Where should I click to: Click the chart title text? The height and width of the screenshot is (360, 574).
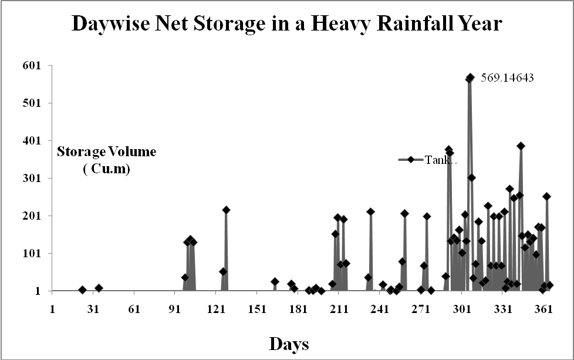[286, 23]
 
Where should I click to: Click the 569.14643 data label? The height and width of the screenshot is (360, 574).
[508, 78]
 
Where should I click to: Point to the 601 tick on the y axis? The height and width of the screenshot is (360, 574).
[32, 66]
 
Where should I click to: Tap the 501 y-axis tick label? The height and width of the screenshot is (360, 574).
[32, 103]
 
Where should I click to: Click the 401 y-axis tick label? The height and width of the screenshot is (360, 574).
[32, 141]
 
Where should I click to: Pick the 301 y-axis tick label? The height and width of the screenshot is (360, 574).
[32, 179]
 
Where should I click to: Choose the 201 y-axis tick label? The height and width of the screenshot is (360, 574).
[32, 216]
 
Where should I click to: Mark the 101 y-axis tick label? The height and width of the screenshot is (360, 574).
[32, 254]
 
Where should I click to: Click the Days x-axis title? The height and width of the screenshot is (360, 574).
[289, 343]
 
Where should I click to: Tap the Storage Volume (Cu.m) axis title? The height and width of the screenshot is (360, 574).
[106, 160]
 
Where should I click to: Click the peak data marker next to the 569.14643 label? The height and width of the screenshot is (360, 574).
[470, 78]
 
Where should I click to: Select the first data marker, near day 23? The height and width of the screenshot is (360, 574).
[82, 290]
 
